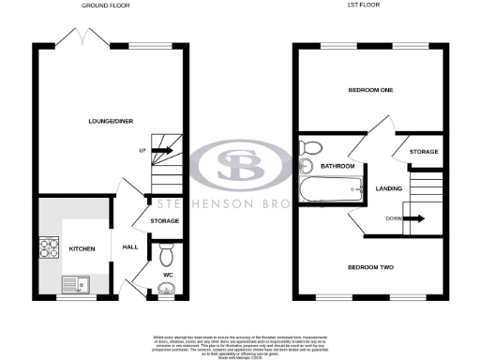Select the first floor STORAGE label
(424, 152)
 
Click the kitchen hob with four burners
(48, 248)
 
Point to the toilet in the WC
(166, 254)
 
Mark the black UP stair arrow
(162, 150)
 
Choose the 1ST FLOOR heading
(372, 6)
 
